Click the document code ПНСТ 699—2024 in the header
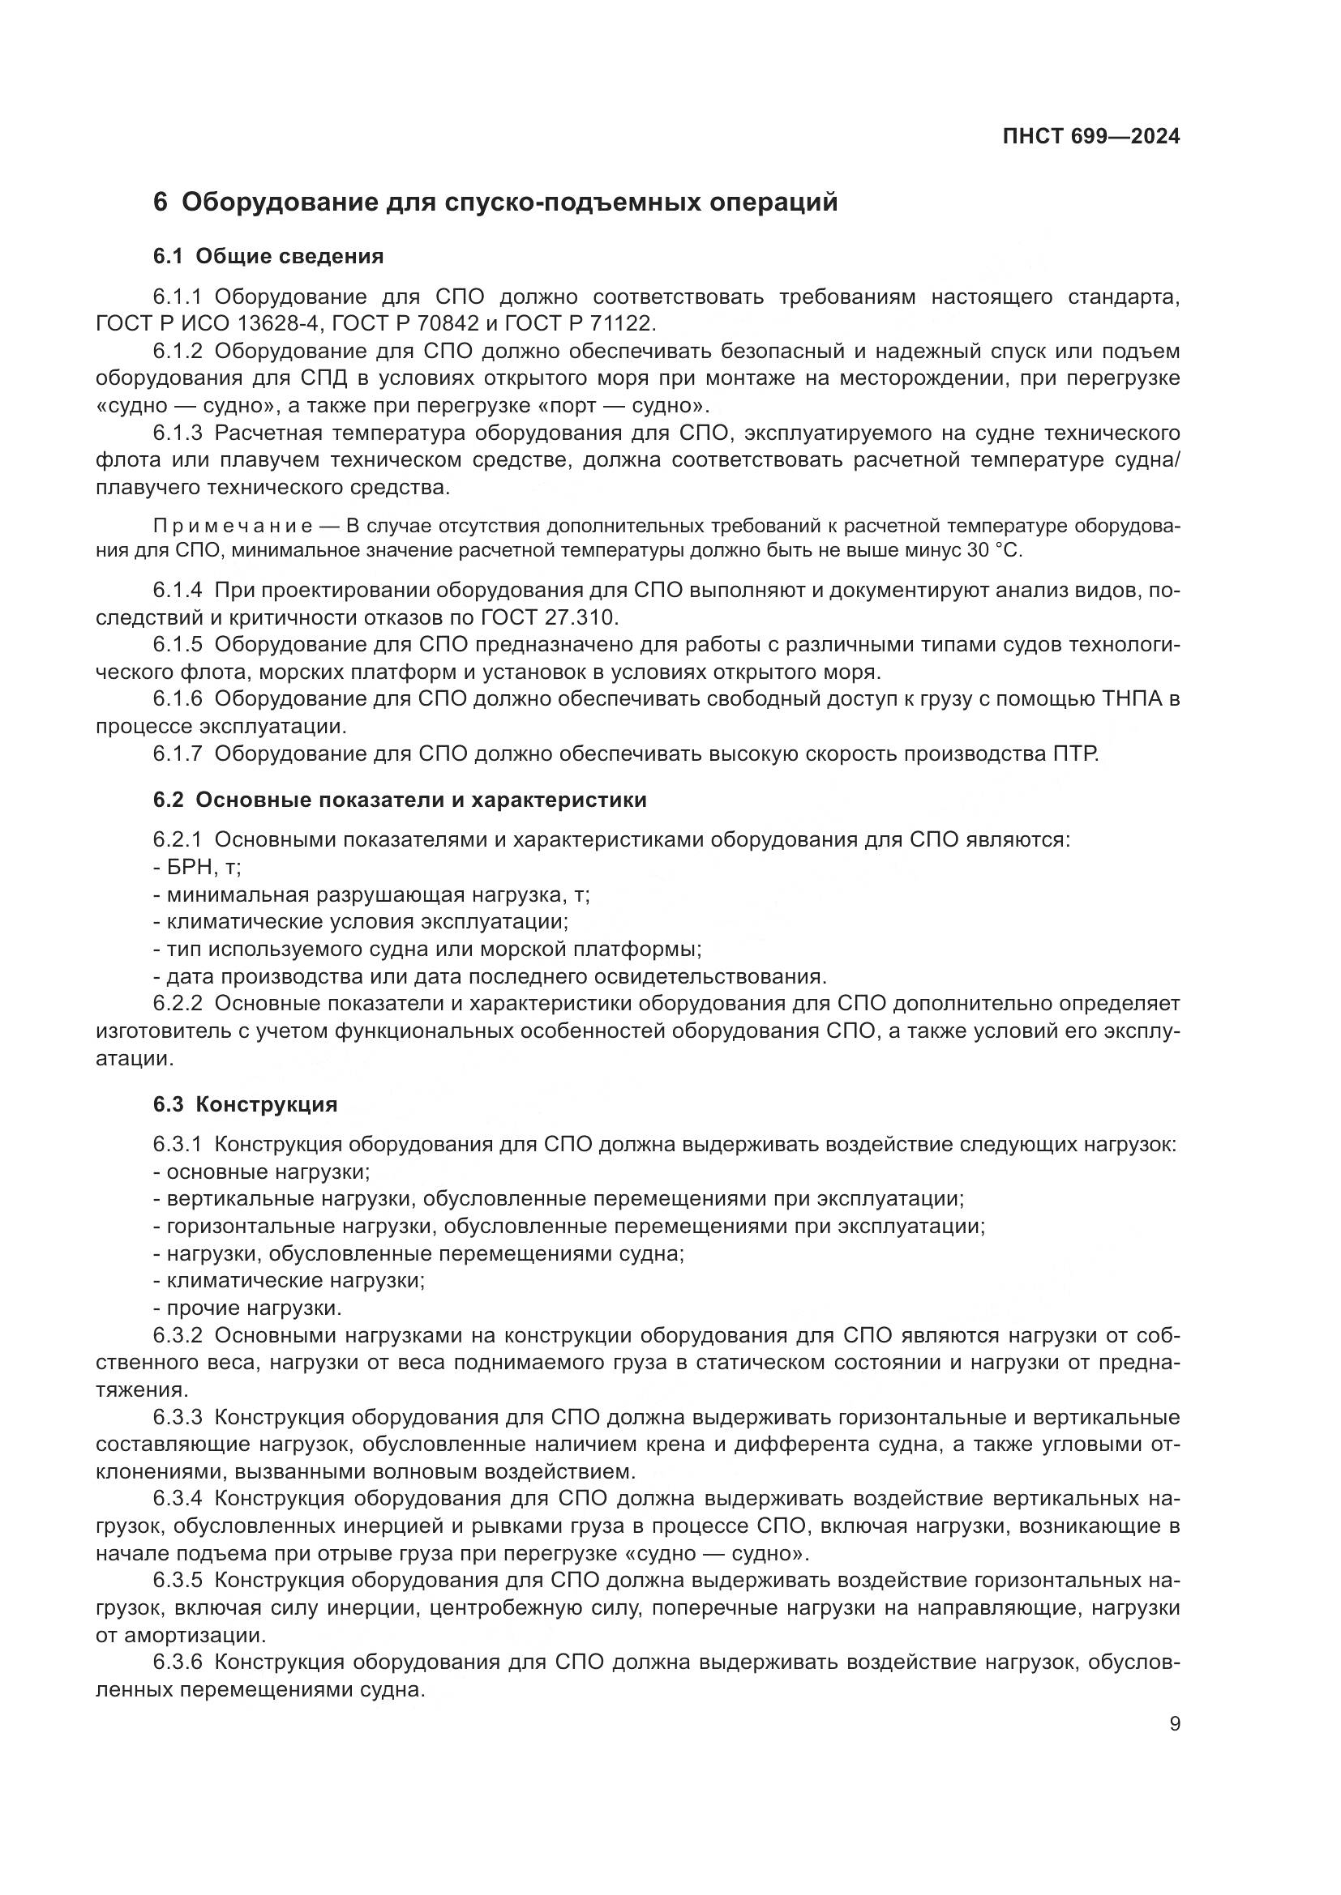1090,136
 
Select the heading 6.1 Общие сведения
268,256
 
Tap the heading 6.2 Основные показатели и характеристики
400,800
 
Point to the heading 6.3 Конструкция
245,1104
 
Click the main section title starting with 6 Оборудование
495,203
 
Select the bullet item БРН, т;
197,868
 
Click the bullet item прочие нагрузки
248,1308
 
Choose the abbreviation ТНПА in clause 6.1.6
1132,699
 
